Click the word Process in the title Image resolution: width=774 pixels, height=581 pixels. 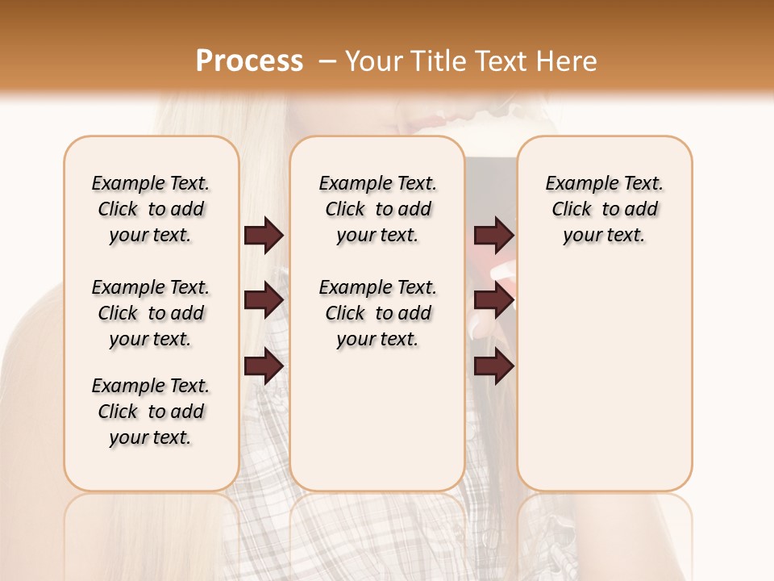click(x=249, y=61)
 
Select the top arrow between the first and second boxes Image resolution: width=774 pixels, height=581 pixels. click(x=264, y=236)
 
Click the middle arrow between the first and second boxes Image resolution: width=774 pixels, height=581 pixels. click(x=264, y=300)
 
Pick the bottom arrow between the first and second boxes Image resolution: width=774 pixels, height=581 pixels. click(x=264, y=366)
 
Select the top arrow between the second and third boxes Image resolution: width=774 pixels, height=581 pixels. click(x=493, y=236)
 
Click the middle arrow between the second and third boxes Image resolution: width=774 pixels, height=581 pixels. click(x=493, y=300)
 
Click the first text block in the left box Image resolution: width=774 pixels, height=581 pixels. click(x=151, y=209)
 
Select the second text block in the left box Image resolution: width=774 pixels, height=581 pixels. click(x=151, y=313)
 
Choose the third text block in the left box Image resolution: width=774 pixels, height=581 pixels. click(x=151, y=412)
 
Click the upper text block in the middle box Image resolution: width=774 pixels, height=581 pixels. click(x=377, y=209)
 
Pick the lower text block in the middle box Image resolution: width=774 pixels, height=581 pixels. click(x=377, y=313)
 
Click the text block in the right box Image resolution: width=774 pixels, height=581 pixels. click(x=604, y=209)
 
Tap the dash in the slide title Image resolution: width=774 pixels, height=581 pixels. click(x=327, y=61)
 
